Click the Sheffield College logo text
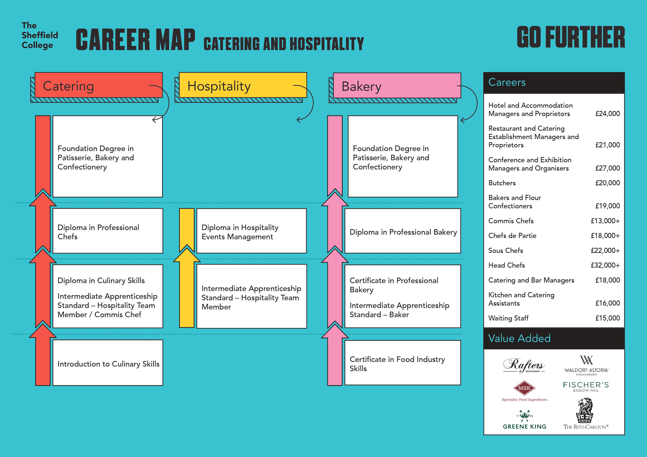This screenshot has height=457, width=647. point(40,35)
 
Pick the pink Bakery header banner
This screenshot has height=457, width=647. point(397,85)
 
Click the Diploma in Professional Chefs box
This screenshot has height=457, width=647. point(108,231)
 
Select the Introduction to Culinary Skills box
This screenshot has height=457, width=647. point(108,363)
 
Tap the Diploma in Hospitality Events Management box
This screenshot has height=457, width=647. point(251,231)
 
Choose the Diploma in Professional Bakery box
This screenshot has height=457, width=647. point(403,231)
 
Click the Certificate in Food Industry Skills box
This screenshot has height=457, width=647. point(403,363)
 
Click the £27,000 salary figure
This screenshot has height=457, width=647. point(608,168)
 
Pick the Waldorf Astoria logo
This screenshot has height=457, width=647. point(586,365)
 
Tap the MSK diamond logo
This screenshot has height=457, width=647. point(524,388)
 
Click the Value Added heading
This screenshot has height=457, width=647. point(519,338)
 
